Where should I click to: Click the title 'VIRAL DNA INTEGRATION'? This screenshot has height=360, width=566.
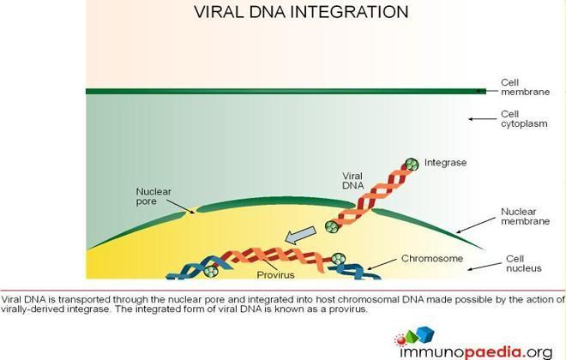[301, 12]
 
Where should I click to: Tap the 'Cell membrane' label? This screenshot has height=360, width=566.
[525, 87]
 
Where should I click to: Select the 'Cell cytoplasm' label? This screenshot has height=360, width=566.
[524, 119]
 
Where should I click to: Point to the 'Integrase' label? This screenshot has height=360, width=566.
[445, 163]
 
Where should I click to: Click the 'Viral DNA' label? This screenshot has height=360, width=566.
[353, 181]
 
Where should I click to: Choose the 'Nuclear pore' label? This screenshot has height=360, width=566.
[154, 196]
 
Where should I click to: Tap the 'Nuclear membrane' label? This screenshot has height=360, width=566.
[525, 216]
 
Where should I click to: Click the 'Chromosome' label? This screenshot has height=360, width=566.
[432, 258]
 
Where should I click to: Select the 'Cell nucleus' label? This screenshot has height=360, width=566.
[524, 264]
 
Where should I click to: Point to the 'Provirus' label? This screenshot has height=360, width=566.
[276, 275]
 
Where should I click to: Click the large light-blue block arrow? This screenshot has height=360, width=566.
[300, 236]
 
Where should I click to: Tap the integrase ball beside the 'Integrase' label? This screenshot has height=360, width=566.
[412, 165]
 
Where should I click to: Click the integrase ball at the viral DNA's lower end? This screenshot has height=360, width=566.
[331, 227]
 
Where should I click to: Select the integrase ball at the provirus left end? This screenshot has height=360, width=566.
[210, 271]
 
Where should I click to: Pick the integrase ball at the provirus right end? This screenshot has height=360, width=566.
[338, 259]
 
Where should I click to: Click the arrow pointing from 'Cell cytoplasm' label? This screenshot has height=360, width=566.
[483, 118]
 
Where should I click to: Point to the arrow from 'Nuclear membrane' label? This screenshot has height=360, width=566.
[476, 225]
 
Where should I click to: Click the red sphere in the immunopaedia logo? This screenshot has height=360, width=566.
[400, 339]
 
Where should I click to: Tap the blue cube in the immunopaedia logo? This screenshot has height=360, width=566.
[425, 334]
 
